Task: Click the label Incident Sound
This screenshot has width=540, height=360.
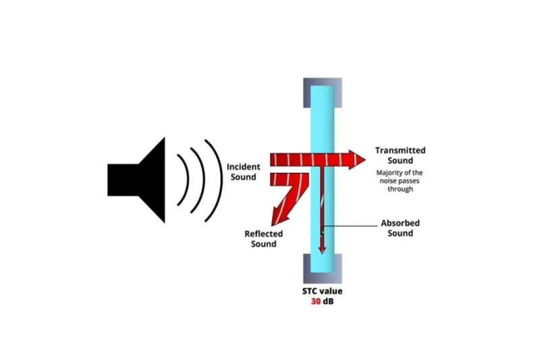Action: [x=242, y=172]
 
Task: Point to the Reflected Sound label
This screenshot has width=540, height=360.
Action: [x=263, y=238]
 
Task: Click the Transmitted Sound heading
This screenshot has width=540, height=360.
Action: [x=400, y=155]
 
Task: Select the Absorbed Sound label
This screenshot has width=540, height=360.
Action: [x=397, y=228]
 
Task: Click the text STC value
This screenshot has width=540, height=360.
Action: [x=322, y=291]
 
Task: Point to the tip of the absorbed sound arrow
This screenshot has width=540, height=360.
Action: [x=322, y=251]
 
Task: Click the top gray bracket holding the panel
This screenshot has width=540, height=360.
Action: [x=322, y=84]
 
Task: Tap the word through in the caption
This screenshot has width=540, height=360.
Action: [x=400, y=189]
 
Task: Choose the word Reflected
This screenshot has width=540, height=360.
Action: [x=263, y=234]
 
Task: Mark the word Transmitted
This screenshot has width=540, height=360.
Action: [x=400, y=151]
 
